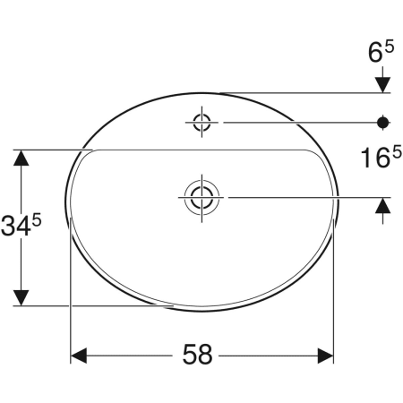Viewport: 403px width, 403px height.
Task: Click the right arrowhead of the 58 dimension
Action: click(x=324, y=356)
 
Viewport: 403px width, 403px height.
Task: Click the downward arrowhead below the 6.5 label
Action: click(x=383, y=83)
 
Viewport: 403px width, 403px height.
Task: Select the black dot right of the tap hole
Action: click(x=383, y=121)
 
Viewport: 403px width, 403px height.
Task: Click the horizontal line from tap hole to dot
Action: click(x=296, y=121)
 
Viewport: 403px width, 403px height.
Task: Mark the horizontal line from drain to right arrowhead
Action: click(x=296, y=195)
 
